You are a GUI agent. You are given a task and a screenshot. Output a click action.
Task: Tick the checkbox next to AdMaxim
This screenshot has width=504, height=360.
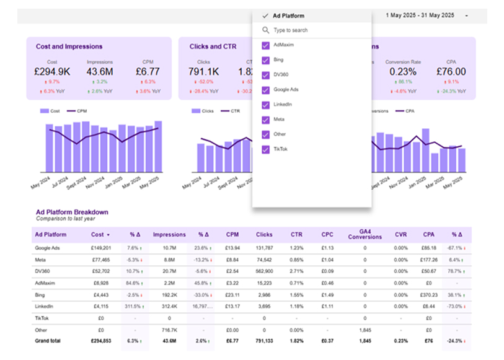pos(266,45)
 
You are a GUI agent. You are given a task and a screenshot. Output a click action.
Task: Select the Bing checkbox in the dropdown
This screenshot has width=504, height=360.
pos(266,60)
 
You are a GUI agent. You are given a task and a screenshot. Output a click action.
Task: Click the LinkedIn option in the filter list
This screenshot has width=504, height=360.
pos(282,105)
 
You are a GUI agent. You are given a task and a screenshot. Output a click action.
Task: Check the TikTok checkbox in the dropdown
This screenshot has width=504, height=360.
pos(266,149)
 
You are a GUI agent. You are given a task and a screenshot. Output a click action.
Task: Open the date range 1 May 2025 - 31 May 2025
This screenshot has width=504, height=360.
pos(420,15)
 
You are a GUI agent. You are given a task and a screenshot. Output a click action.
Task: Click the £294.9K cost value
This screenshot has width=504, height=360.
pos(52,72)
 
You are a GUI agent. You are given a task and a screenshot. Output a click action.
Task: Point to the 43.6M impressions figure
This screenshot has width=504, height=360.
pos(100,72)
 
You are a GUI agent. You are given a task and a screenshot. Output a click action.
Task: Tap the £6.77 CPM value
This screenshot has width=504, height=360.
pos(146,72)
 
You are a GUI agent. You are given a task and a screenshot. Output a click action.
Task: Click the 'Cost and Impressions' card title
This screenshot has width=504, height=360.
pos(69,46)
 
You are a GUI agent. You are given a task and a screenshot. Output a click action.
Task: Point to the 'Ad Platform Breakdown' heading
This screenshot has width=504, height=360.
pos(72,212)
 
